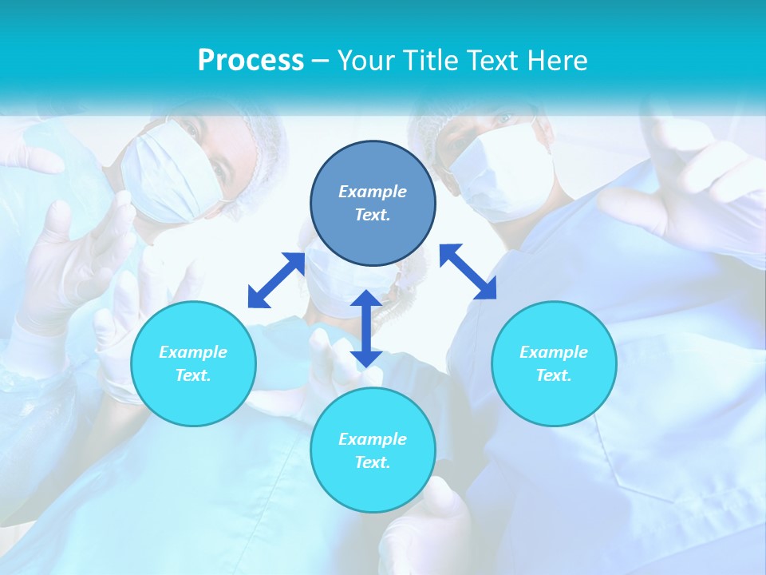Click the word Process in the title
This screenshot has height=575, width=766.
tap(251, 61)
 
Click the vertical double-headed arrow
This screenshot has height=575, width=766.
tap(366, 329)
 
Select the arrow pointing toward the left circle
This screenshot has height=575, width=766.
tap(276, 280)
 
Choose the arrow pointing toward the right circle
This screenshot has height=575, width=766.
tap(468, 272)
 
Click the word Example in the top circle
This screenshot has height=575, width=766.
tap(373, 192)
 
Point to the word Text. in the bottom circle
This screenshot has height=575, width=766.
tap(373, 462)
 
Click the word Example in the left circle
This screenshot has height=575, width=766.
tap(193, 352)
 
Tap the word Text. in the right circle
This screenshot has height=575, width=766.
tap(554, 375)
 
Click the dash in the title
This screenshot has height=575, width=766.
tap(321, 61)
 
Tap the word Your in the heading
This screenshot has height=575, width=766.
tap(365, 61)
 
